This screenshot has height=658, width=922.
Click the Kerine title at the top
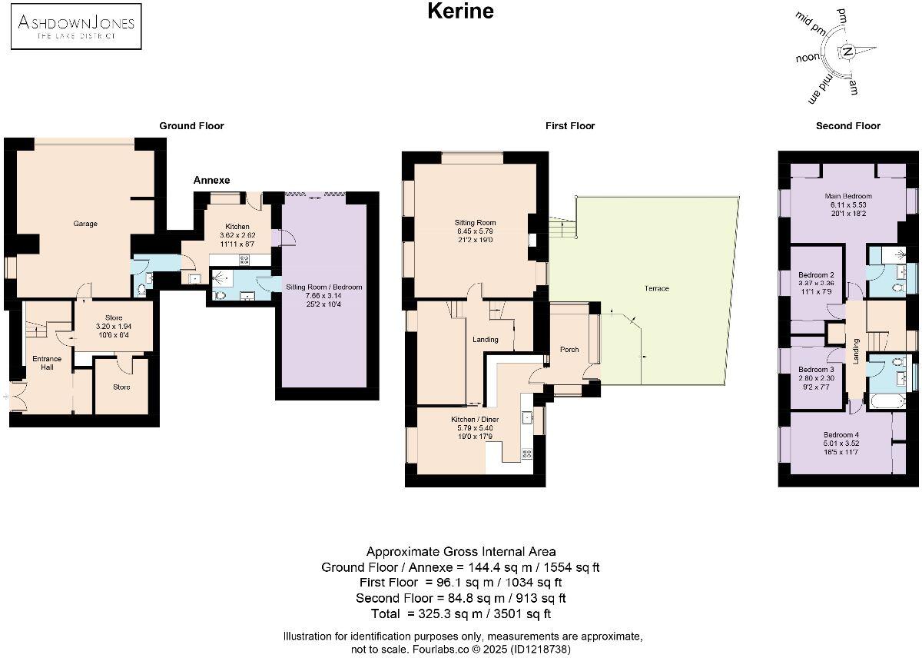point(460,12)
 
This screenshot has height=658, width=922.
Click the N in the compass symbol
point(847,52)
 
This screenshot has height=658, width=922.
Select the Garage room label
point(85,224)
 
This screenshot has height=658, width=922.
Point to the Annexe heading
point(211,180)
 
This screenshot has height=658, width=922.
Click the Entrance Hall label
point(46,363)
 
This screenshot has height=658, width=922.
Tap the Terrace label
point(657,288)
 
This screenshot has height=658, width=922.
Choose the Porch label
point(569,350)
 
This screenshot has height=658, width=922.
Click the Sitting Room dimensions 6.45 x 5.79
point(476,231)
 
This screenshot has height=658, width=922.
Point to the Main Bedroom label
point(848,196)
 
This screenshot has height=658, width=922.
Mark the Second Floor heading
point(848,125)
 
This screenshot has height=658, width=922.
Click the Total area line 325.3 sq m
point(461,613)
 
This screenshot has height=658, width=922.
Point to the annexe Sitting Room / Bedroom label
point(323,287)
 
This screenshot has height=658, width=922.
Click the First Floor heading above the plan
point(571,125)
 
